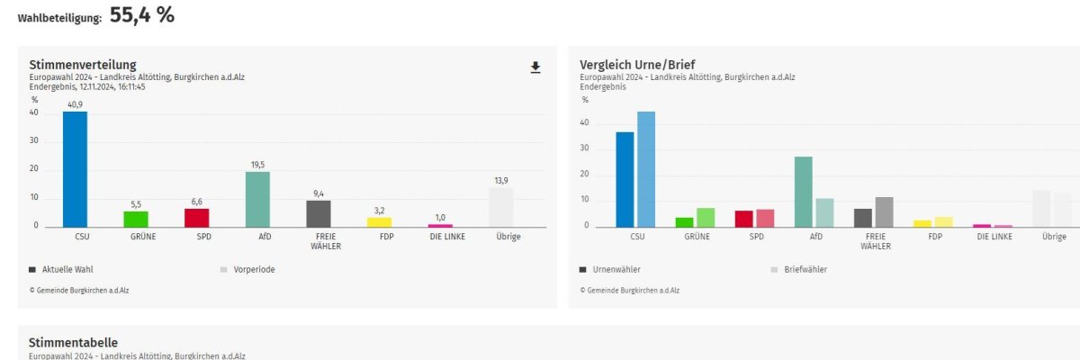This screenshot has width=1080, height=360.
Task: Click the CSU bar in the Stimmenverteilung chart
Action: coord(75,169)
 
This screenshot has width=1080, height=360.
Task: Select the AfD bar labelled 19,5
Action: coord(257,199)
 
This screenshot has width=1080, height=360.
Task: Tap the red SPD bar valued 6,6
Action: coord(196,217)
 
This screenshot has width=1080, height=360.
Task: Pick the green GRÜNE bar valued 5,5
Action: coord(135,219)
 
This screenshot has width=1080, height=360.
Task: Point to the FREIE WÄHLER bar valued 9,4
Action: coord(319,213)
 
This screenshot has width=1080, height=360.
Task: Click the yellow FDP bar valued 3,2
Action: coord(379,221)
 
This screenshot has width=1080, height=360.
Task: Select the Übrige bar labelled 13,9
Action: coord(501,207)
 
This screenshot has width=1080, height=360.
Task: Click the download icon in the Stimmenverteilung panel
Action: coord(535,67)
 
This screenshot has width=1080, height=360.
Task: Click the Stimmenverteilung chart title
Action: coord(83,65)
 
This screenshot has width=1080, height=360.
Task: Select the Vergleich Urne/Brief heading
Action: coord(637,65)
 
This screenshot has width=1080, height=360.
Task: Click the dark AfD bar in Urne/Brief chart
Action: coord(804,192)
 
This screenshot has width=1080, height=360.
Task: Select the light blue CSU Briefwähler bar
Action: coord(645,169)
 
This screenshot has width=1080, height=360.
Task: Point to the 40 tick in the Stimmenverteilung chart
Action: coord(34,112)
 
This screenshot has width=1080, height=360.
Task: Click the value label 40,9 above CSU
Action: coord(75,104)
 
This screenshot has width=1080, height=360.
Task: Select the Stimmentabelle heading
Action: coord(73,343)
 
